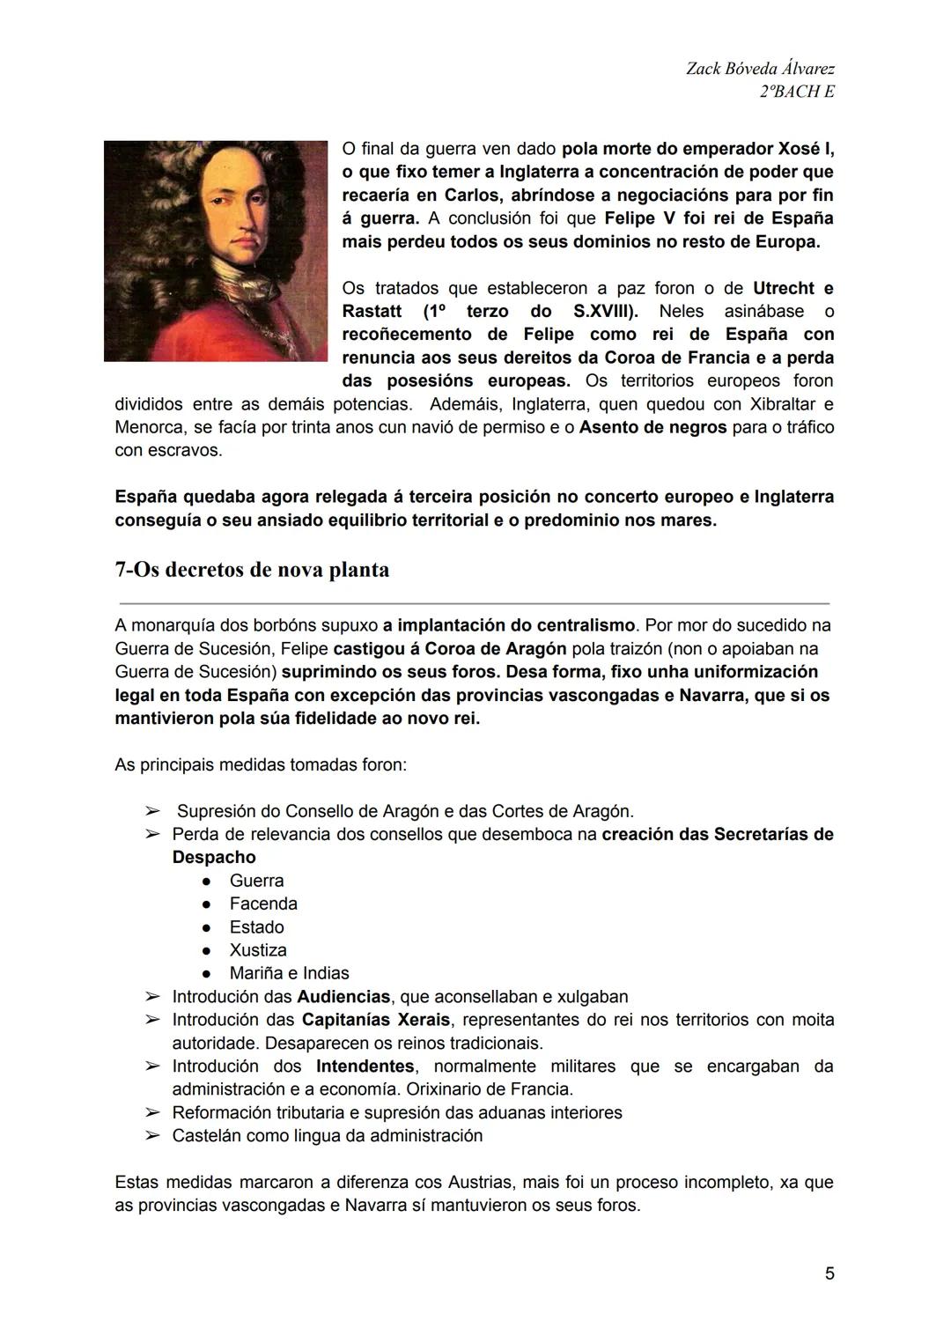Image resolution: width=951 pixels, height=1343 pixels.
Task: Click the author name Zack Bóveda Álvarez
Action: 760,69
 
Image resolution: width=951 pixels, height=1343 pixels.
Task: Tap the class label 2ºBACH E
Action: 796,92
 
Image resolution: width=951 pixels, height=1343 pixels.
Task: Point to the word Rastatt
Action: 372,311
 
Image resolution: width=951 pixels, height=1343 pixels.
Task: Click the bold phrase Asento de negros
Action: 652,427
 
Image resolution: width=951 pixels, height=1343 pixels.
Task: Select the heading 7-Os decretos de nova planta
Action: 252,570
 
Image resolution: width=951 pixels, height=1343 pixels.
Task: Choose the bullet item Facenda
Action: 263,904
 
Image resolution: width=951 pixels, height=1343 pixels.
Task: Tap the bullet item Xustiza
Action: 258,950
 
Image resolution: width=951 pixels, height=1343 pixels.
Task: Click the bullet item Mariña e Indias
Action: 289,973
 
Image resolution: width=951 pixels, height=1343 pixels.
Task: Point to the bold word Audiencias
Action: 343,997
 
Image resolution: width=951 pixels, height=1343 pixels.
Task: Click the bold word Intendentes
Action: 365,1066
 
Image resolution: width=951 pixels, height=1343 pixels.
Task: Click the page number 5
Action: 829,1273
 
